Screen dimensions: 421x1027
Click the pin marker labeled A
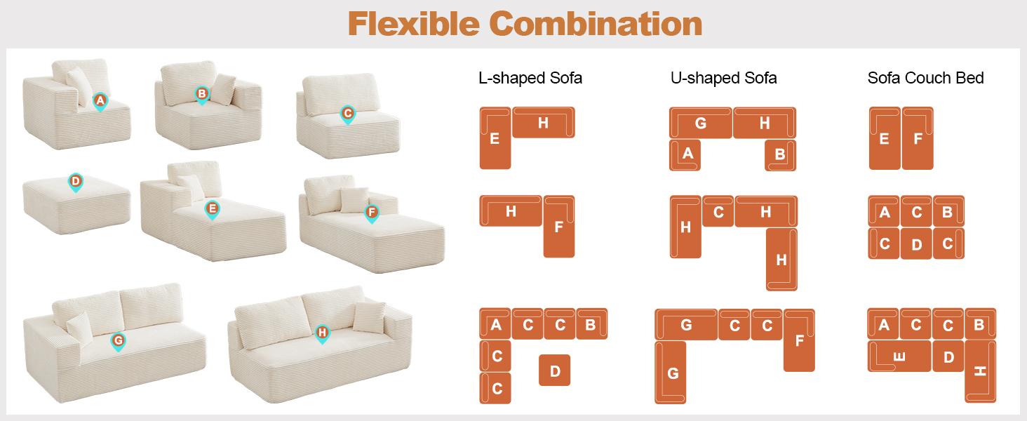100,102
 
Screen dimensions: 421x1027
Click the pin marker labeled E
211,208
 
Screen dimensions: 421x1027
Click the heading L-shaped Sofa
530,78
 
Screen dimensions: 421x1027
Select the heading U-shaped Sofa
723,78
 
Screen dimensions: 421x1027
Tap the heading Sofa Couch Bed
925,78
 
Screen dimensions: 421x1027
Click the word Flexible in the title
412,24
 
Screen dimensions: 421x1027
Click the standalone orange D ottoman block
554,370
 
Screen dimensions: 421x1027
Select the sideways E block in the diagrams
899,356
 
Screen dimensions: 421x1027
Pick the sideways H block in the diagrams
980,371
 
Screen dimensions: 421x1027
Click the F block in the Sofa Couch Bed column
918,138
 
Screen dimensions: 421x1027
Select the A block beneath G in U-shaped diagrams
685,154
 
